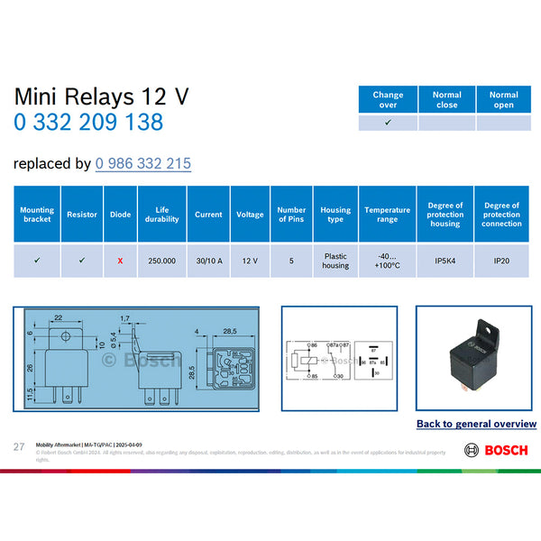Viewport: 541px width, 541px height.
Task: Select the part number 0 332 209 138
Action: coord(88,122)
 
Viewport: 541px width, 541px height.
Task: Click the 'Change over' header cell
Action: coord(388,99)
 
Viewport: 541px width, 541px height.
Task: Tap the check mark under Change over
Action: coord(388,122)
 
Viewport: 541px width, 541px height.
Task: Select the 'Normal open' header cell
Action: coord(503,99)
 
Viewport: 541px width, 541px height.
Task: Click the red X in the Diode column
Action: coord(120,261)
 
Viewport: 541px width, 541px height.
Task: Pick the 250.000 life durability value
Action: coord(162,261)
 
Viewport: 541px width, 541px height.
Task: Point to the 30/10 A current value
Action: coord(208,261)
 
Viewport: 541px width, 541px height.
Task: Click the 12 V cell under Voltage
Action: coord(250,261)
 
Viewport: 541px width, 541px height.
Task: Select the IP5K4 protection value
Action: coord(445,261)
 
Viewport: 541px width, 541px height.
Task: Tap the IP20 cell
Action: coord(501,261)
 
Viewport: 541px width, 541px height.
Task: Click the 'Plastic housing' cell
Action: coord(335,261)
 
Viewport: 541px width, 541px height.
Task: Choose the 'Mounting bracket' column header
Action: coord(37,215)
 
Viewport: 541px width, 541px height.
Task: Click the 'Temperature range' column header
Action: coord(387,215)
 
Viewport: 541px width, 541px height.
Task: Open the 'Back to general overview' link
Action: coord(476,424)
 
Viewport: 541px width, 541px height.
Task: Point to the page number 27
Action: coord(18,447)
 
